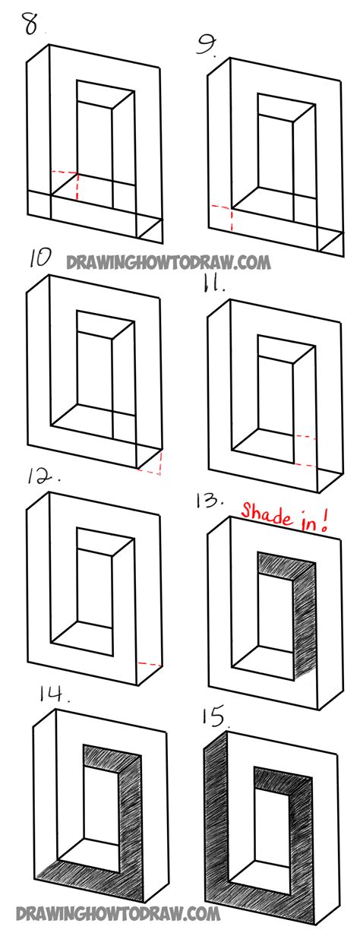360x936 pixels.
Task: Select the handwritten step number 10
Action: [40, 258]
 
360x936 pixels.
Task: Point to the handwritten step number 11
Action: [213, 285]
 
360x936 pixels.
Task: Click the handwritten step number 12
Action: [44, 476]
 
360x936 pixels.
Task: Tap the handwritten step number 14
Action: [55, 695]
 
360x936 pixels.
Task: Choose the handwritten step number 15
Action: [215, 716]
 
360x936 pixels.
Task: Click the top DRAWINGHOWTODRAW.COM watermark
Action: [169, 262]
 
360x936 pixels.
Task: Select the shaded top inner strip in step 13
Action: [284, 568]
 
